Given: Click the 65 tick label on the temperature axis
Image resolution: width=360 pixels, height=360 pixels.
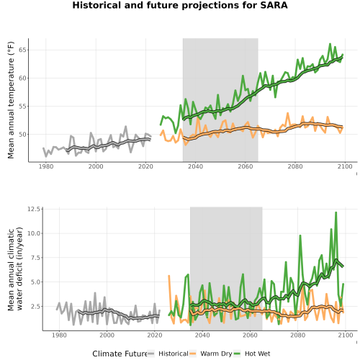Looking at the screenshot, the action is (22, 50).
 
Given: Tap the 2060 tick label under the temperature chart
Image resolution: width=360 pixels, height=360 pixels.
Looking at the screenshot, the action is (246, 166).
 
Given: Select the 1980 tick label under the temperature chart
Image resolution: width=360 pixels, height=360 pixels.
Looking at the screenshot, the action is (46, 166).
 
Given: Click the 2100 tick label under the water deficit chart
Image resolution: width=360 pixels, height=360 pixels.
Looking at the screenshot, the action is (346, 335).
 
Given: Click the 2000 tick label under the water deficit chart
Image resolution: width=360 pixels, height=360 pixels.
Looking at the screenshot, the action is (107, 335).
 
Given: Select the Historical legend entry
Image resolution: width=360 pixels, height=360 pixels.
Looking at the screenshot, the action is (168, 354).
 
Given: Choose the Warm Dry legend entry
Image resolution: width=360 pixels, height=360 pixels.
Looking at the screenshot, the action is (211, 354).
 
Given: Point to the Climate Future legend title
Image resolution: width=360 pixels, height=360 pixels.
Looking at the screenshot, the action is (120, 354).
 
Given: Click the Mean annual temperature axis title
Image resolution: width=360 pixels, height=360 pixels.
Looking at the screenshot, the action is (11, 100).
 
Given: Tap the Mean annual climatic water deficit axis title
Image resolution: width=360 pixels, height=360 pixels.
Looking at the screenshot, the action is (15, 269).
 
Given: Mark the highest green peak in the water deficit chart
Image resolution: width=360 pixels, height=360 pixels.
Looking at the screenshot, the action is (336, 212).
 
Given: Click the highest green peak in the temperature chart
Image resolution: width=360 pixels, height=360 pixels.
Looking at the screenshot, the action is (330, 44).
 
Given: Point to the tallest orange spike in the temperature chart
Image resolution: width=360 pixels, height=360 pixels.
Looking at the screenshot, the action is (287, 113).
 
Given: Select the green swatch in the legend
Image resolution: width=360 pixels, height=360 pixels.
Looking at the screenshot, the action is (237, 354).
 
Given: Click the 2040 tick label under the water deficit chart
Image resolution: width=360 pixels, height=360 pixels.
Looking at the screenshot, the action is (202, 335).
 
